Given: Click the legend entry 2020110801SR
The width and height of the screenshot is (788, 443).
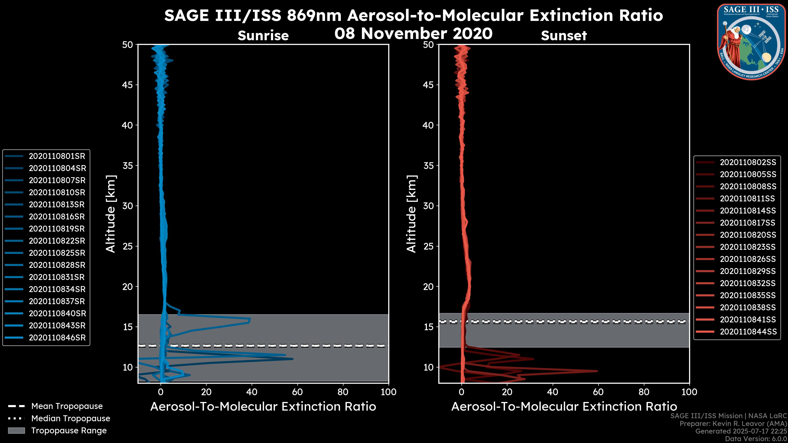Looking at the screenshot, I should click(x=57, y=156).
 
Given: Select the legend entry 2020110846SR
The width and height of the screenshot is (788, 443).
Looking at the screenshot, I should click(x=57, y=338).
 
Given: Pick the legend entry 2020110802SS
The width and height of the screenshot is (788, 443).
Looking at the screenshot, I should click(x=748, y=162).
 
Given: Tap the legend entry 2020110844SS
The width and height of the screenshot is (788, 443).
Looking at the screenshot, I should click(x=748, y=332).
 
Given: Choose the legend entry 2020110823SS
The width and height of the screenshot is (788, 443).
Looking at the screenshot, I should click(x=748, y=247).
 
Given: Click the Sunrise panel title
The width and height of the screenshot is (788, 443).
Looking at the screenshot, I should click(x=263, y=36).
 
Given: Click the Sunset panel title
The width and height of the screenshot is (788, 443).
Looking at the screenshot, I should click(x=564, y=36).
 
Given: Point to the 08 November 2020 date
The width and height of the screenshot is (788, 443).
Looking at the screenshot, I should click(x=413, y=33).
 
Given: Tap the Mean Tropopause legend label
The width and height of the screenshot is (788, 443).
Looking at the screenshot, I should click(x=67, y=406).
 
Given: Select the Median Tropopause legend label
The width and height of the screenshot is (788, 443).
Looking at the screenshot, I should click(x=71, y=419).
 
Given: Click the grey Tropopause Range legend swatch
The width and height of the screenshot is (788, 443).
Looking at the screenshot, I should click(x=16, y=431).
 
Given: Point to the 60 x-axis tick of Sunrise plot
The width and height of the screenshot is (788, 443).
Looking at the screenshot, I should click(x=297, y=392).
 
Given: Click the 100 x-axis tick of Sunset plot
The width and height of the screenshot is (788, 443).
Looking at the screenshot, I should click(x=689, y=392).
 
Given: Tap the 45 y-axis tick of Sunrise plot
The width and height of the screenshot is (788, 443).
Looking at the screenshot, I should click(x=128, y=85).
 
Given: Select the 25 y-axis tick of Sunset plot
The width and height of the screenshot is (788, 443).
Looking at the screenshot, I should click(x=428, y=246).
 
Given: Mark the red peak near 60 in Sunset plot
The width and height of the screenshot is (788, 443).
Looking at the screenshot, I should click(x=597, y=371).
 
